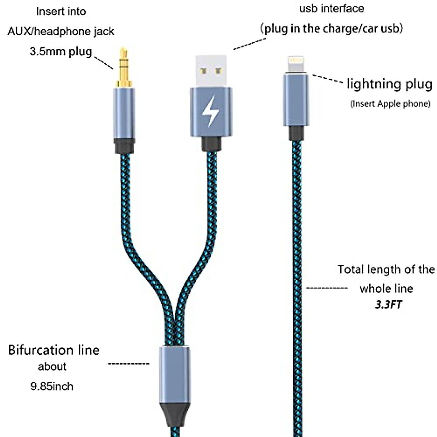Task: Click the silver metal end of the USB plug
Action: tap(211, 71)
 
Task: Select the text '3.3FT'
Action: tap(388, 304)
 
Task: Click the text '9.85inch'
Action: tap(52, 386)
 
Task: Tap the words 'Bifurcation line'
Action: tap(54, 350)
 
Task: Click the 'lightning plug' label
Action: tap(389, 84)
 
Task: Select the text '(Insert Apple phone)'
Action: tap(390, 104)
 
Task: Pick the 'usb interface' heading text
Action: tap(331, 8)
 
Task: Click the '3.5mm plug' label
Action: tap(60, 51)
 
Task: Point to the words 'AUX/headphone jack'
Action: tap(61, 31)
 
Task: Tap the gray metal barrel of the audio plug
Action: tap(124, 113)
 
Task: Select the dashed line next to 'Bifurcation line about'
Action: tap(129, 363)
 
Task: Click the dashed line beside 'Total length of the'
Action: tap(327, 288)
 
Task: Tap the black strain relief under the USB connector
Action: tap(212, 144)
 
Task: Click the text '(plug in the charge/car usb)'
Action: tap(332, 28)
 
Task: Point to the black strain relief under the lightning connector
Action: tap(296, 133)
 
